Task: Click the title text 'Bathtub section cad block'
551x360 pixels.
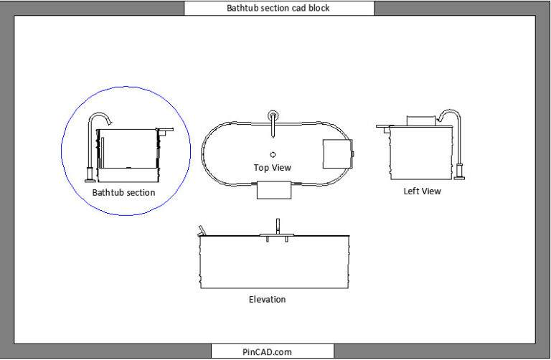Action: (x=278, y=9)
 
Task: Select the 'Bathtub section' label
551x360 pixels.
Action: (x=124, y=193)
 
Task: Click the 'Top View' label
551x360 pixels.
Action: (x=273, y=167)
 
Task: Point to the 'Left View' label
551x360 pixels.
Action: (x=422, y=191)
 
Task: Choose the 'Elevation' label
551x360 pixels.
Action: (x=267, y=299)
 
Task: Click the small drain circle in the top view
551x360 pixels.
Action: (x=273, y=153)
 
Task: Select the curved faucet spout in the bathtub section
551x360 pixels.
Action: (x=101, y=117)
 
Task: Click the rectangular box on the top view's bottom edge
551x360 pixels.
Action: (x=273, y=189)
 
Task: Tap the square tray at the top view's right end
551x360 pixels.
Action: (x=337, y=153)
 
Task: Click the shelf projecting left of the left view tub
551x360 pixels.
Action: (x=385, y=127)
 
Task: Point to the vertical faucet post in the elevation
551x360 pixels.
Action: (x=277, y=226)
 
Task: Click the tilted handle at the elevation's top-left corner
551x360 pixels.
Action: (x=202, y=231)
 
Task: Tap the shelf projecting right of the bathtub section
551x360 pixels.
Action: (x=165, y=131)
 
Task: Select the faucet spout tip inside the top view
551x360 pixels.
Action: (x=273, y=133)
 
